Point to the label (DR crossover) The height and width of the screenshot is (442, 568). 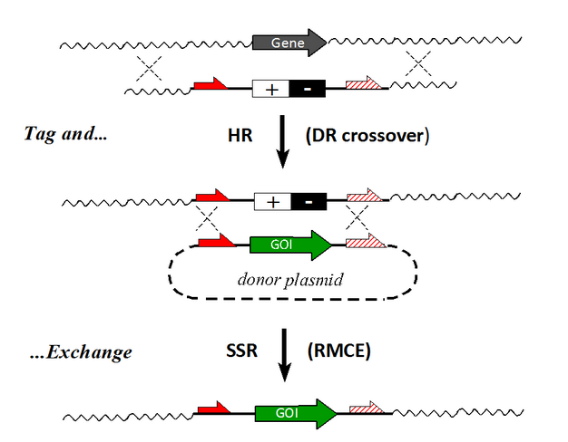(367, 136)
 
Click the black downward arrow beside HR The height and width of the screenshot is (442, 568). (282, 143)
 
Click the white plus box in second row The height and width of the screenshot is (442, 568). (270, 89)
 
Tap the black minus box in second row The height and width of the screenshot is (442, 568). (307, 89)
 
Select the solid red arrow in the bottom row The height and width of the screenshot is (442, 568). (211, 410)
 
